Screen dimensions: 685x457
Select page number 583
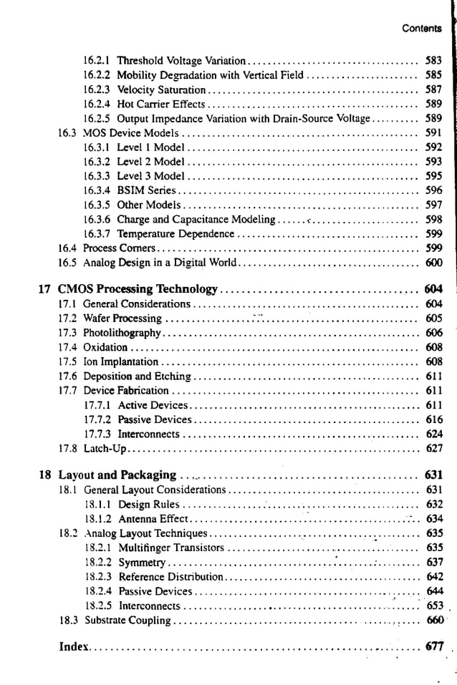click(433, 61)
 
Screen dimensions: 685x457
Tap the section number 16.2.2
click(97, 75)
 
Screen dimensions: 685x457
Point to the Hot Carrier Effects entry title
click(160, 104)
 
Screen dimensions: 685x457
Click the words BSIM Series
click(146, 190)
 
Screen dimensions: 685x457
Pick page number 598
click(433, 219)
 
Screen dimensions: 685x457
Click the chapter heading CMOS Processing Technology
click(137, 289)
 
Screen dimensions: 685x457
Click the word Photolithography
click(122, 333)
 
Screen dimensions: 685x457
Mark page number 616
click(434, 419)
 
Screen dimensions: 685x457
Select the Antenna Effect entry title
click(153, 519)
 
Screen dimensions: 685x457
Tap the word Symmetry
click(142, 563)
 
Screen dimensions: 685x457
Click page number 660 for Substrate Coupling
click(435, 621)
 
